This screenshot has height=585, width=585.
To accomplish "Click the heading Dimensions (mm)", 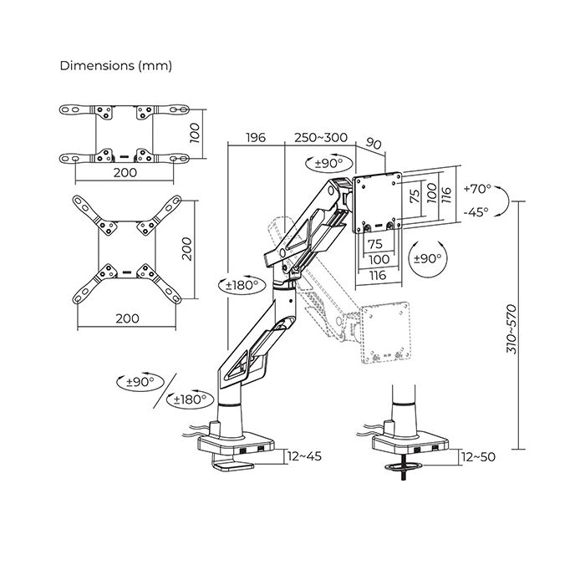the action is (115, 66).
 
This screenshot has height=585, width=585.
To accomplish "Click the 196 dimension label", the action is (256, 138).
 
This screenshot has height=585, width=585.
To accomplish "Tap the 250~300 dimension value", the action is (321, 137).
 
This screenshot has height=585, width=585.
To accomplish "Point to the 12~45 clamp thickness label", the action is (304, 456).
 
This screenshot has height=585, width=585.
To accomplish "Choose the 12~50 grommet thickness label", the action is (478, 457).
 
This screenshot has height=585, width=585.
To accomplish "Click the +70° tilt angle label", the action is (477, 189).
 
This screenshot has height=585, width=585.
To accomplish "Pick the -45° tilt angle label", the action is (476, 212).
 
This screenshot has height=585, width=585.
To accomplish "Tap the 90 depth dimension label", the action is (374, 143).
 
